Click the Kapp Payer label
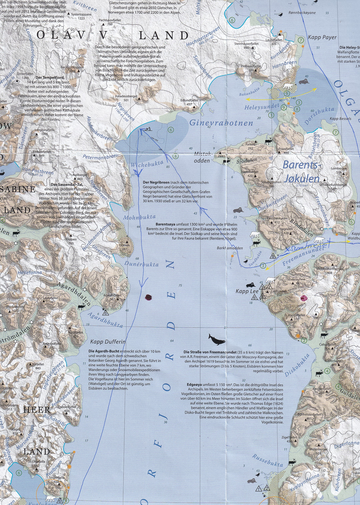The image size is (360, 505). [x=322, y=37]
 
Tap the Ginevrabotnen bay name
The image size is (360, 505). [x=221, y=123]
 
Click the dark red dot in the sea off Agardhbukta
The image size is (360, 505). [x=149, y=297]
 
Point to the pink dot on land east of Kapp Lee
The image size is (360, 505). [x=304, y=298]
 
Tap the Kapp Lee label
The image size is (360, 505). [x=247, y=291]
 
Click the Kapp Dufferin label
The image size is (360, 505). [x=108, y=342]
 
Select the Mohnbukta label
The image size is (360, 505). [x=139, y=218]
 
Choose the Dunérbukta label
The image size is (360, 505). [x=141, y=264]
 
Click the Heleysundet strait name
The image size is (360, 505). [x=262, y=107]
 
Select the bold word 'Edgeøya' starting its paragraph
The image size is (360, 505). [x=194, y=384]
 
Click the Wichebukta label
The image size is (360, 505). [x=147, y=164]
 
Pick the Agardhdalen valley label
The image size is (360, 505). [x=74, y=293]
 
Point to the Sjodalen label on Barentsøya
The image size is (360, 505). [x=247, y=161]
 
